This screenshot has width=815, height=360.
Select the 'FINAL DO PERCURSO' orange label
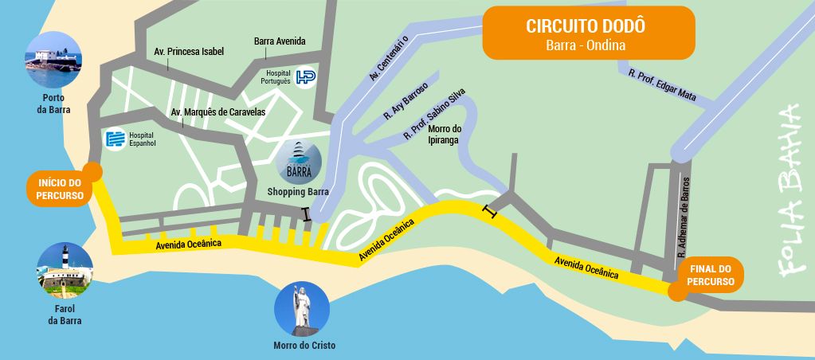(708, 276)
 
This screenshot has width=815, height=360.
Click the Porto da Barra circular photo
(53, 59)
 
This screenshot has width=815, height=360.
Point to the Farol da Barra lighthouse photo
(65, 270)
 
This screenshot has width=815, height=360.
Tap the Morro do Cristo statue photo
(301, 307)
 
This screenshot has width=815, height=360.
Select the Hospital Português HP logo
(305, 76)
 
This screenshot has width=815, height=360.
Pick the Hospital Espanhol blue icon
(116, 139)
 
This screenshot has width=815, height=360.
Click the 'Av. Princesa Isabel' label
(189, 52)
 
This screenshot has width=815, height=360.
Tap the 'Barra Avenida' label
(280, 41)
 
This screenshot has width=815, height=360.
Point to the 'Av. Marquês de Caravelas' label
(218, 112)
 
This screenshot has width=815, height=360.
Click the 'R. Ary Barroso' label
(406, 101)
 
